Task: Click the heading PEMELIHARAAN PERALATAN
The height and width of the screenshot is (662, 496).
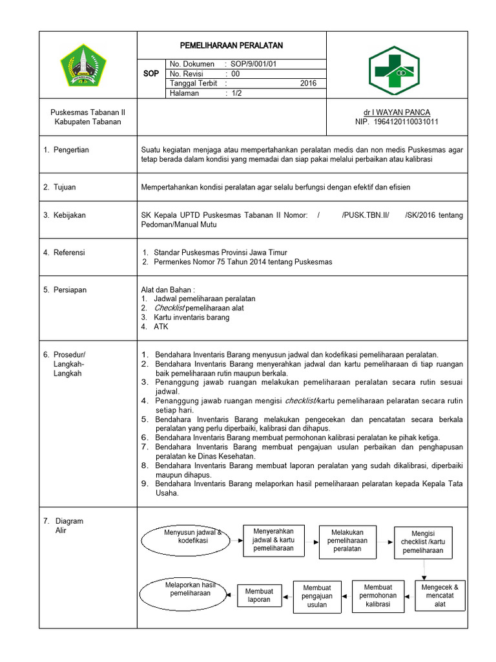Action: point(231,45)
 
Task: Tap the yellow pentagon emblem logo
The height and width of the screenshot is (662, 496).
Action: point(83,65)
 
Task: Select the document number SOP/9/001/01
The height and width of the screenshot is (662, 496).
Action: point(258,64)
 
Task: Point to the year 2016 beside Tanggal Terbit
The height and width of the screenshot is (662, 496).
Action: point(309,83)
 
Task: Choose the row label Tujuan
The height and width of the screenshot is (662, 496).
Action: point(65,187)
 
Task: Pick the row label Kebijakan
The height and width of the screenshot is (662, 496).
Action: point(69,215)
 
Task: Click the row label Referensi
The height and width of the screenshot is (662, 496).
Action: point(69,253)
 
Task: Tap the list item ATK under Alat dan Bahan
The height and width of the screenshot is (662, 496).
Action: point(161,326)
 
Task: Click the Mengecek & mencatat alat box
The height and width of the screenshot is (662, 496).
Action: point(439,595)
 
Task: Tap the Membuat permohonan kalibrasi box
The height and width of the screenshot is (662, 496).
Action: point(378,595)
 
